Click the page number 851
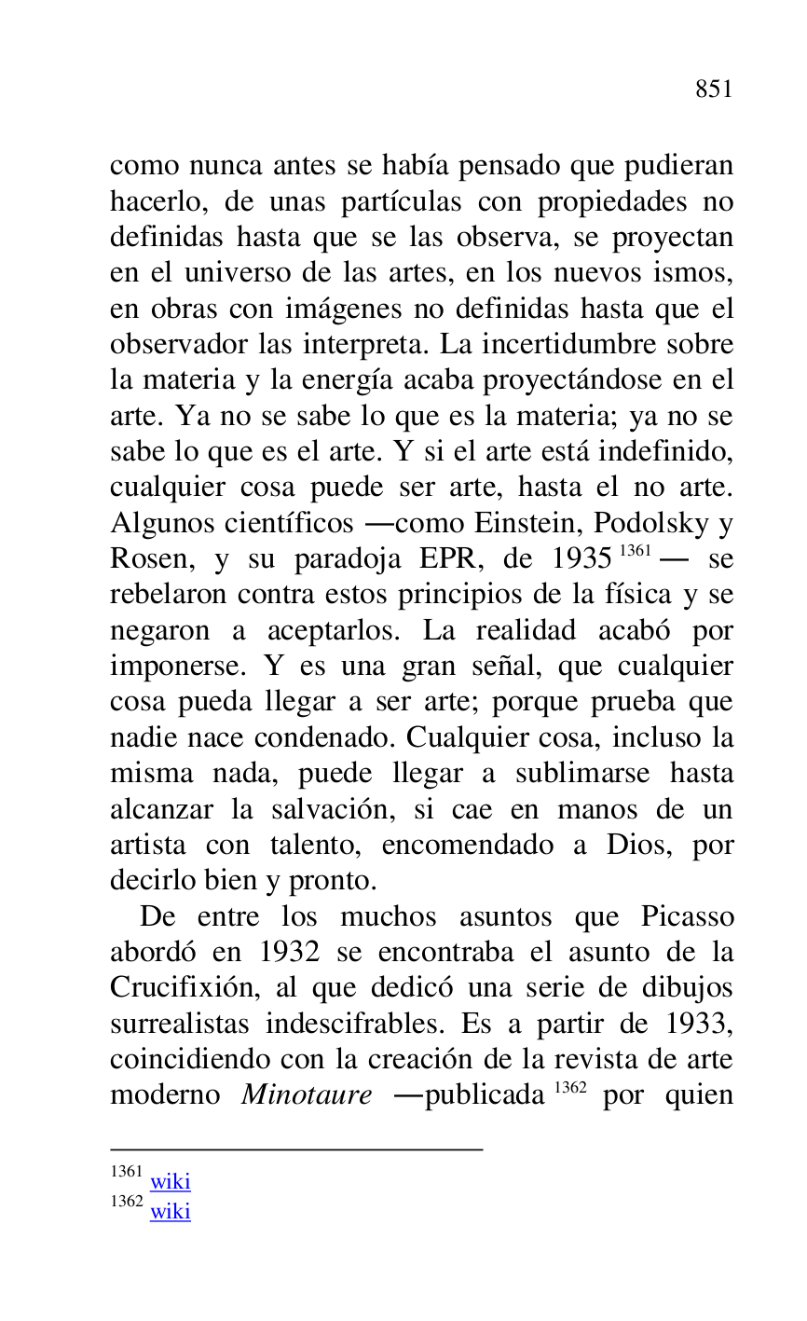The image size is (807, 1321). tap(714, 89)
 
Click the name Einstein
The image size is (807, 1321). tap(529, 523)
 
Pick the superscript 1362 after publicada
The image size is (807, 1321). tap(570, 1087)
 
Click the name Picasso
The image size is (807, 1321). tap(687, 916)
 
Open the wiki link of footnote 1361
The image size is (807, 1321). tap(171, 1182)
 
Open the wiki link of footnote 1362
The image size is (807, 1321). tap(171, 1211)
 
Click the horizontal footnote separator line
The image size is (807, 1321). tap(296, 1149)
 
